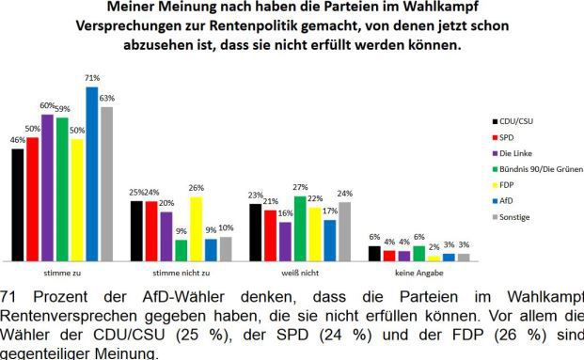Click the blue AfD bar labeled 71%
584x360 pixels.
[91, 174]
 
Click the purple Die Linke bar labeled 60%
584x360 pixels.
[47, 187]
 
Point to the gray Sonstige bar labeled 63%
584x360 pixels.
[106, 183]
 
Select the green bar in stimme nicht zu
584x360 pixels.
[181, 250]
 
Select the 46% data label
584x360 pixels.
[17, 140]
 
